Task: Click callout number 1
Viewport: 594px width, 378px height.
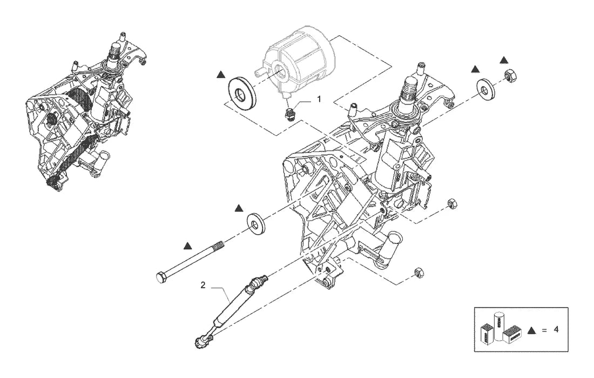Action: click(319, 99)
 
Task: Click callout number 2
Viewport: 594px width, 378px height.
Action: click(203, 285)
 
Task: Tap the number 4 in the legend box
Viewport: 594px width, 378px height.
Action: click(556, 329)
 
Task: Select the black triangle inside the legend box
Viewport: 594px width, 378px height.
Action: click(532, 330)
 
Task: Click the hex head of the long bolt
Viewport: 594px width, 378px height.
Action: click(160, 277)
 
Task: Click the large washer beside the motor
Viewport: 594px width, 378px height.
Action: click(242, 93)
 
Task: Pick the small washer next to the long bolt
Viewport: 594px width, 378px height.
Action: click(256, 223)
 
